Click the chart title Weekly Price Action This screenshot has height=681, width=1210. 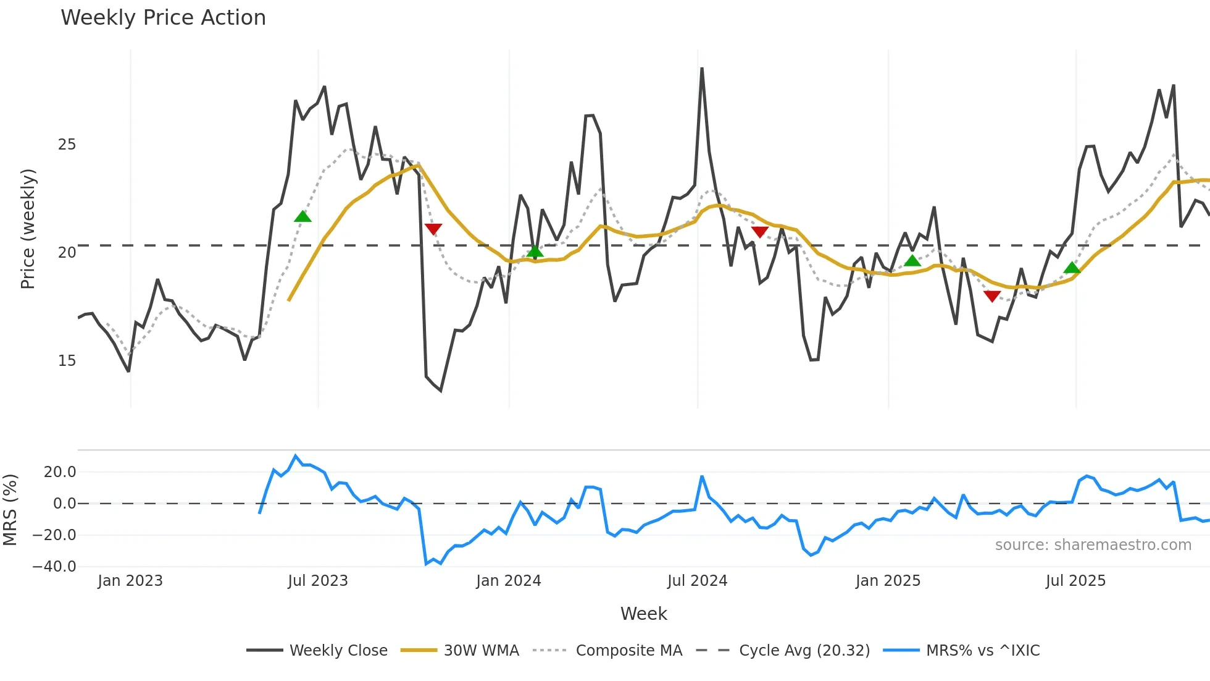point(163,18)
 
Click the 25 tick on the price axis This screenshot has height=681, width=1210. point(67,145)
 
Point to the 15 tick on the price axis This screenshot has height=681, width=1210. point(67,361)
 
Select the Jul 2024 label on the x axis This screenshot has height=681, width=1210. point(697,581)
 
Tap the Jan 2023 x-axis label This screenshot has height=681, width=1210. point(130,581)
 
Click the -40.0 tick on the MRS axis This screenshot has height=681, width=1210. point(54,567)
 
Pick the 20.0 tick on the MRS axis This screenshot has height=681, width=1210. point(59,472)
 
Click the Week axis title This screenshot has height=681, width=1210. point(643,614)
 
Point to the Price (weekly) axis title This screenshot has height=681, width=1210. point(28,229)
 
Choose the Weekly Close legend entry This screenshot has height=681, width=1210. point(338,651)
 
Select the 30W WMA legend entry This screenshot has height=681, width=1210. point(481,651)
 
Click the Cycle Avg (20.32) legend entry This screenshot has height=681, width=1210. point(804,651)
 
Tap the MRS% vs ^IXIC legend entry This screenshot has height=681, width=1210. point(982,651)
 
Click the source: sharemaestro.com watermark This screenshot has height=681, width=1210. point(1093,545)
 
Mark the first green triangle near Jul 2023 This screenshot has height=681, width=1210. point(302,216)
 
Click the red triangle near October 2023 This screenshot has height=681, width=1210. point(433,229)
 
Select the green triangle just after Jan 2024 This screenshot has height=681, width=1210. point(535,251)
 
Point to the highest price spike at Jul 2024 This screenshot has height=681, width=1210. point(702,69)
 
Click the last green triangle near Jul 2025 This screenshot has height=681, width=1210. point(1072,268)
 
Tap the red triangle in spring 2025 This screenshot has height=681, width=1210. point(992,297)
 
